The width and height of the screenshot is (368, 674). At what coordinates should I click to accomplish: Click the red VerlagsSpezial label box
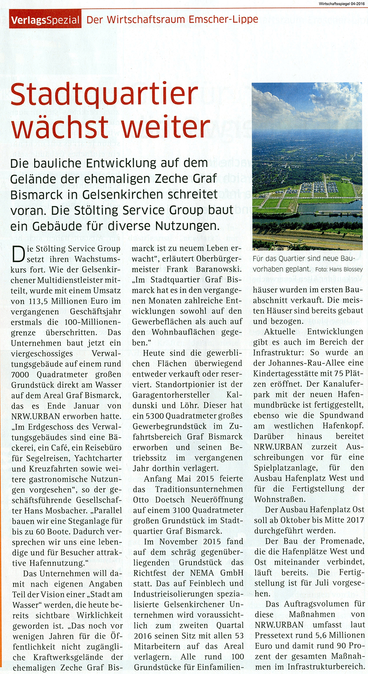[45, 20]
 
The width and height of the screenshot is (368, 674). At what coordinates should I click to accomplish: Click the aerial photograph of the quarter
[307, 166]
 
